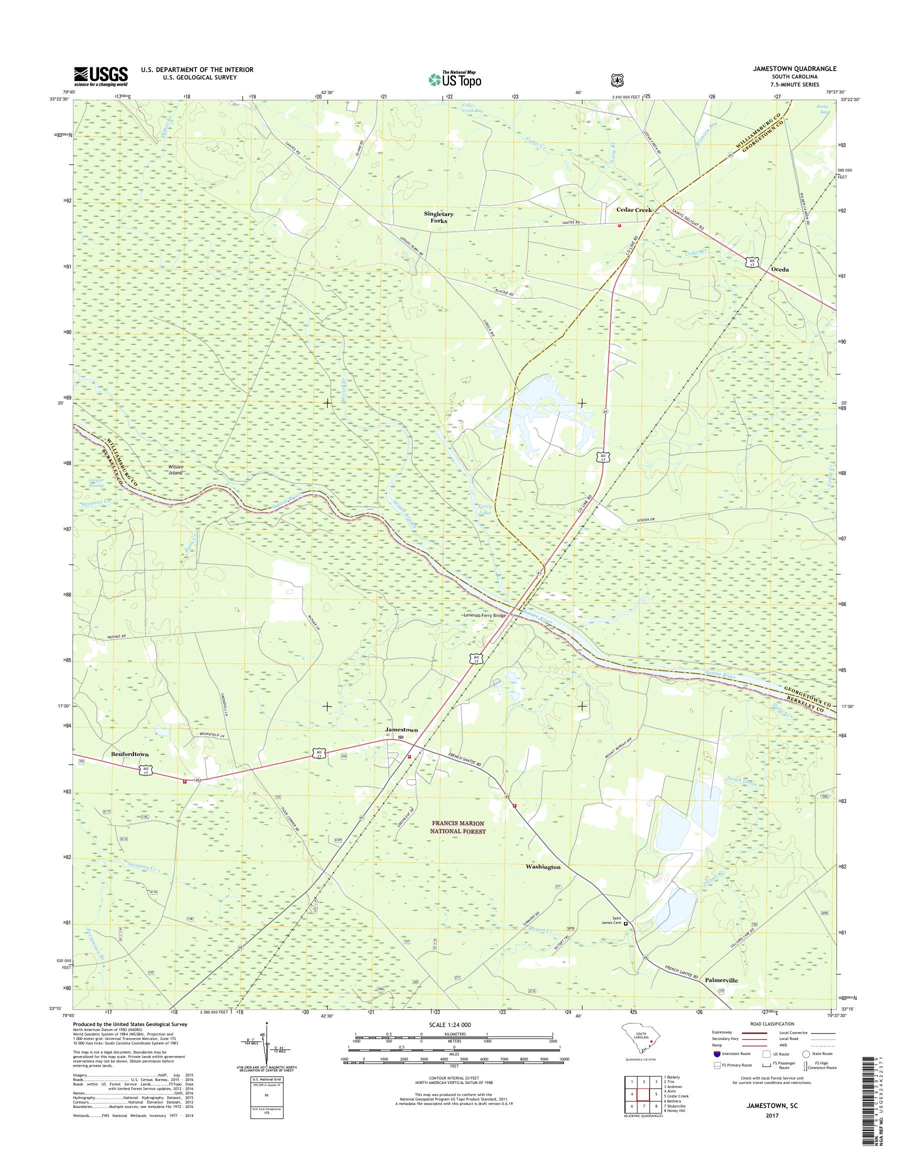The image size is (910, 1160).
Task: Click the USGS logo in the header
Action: pyautogui.click(x=100, y=76)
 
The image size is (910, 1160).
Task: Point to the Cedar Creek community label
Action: pyautogui.click(x=634, y=210)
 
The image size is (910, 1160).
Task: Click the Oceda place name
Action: pyautogui.click(x=779, y=269)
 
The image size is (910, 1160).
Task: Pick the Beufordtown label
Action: pyautogui.click(x=129, y=754)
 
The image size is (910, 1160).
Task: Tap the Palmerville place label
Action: pyautogui.click(x=722, y=980)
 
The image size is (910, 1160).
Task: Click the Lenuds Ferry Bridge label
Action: pyautogui.click(x=484, y=615)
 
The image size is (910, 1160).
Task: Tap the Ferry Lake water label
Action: pyautogui.click(x=484, y=510)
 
